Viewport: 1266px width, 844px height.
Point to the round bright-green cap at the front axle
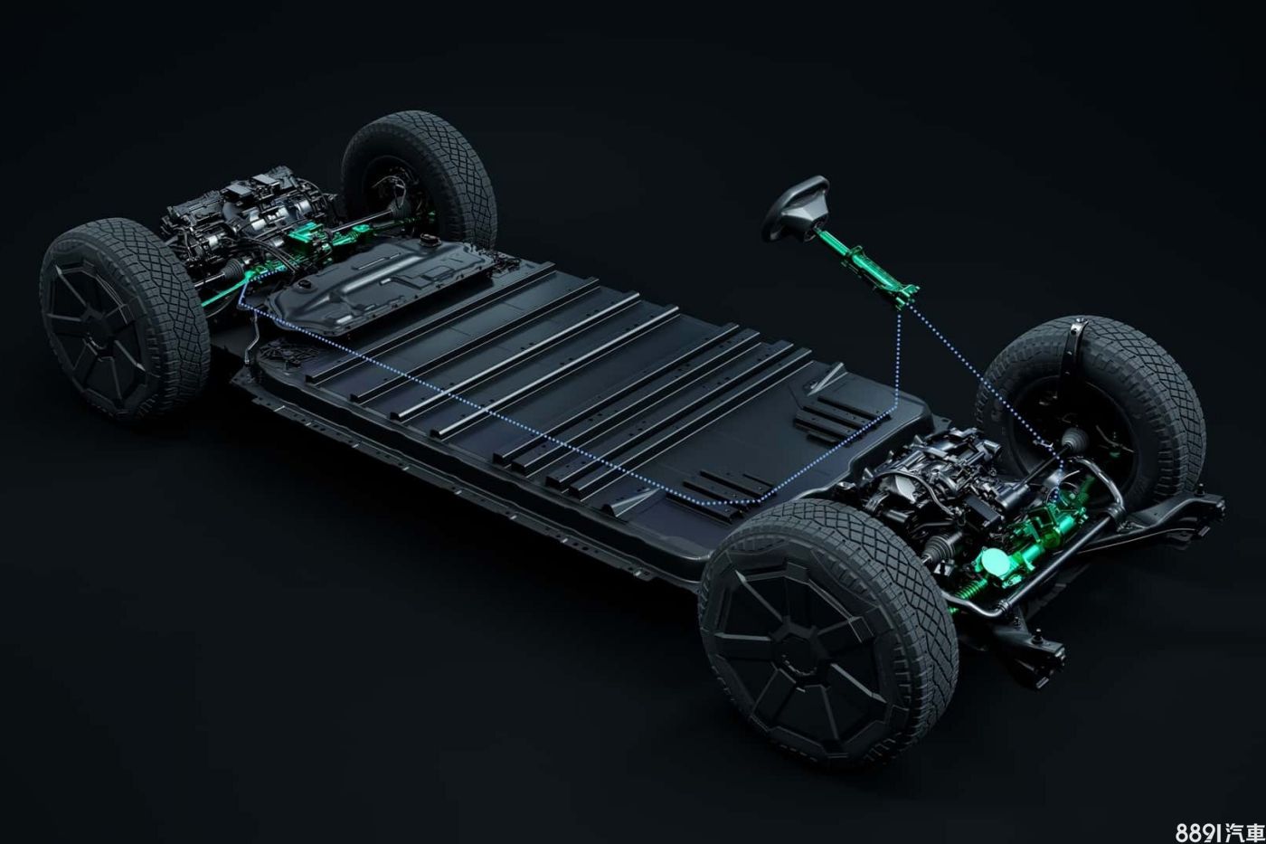click(x=997, y=560)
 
